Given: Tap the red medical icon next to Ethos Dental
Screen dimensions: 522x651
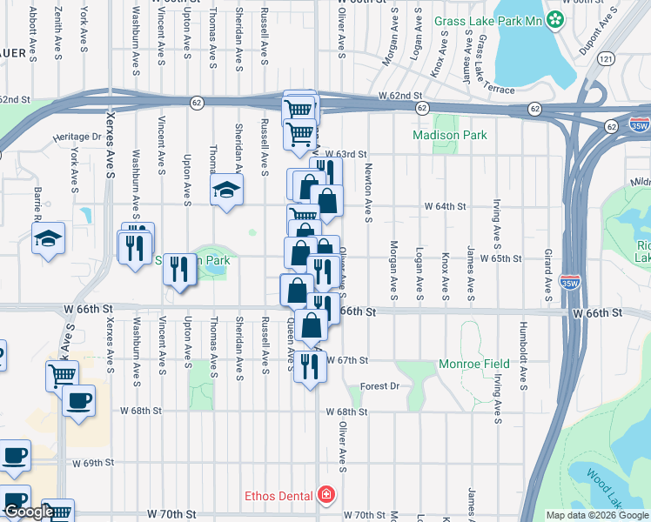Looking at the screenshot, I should click(325, 495).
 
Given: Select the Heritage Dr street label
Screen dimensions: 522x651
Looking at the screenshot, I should click(77, 137).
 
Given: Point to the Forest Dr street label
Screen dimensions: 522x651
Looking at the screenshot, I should click(379, 386).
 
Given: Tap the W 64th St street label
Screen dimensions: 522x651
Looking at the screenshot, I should click(446, 207).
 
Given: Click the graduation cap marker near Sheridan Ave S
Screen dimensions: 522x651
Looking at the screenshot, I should click(226, 191).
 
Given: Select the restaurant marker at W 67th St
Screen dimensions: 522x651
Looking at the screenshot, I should click(310, 366).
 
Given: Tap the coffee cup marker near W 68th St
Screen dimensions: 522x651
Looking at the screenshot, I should click(78, 401).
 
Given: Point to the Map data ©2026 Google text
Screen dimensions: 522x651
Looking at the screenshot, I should click(597, 515).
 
